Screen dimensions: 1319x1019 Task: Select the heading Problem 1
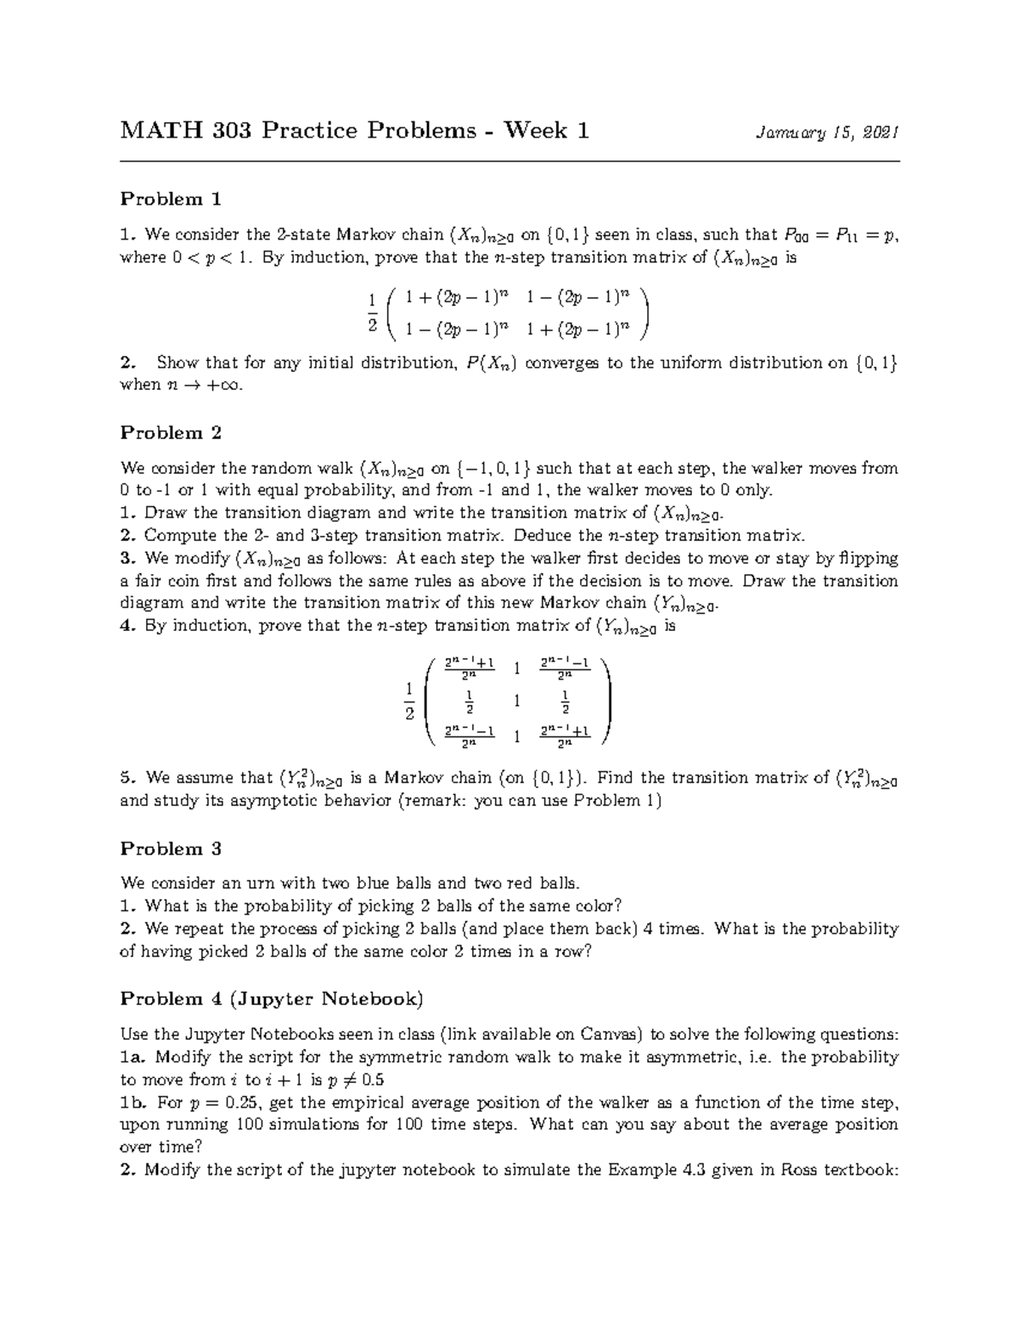pos(171,199)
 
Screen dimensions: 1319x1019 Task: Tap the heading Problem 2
pos(171,432)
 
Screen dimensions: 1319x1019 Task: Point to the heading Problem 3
pos(171,848)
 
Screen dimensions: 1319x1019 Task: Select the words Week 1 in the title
pos(547,131)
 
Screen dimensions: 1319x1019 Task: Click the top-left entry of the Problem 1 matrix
pos(456,297)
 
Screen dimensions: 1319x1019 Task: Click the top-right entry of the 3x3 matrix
pos(565,668)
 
